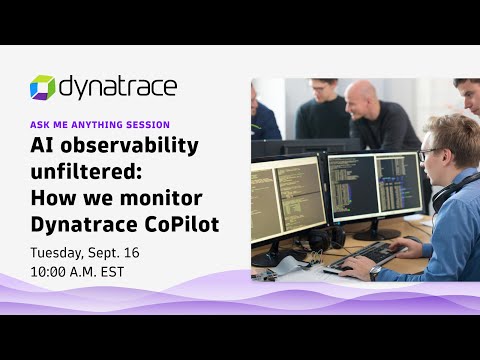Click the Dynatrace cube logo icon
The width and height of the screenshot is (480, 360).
coord(43,88)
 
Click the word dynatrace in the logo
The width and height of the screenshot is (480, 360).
coord(117,87)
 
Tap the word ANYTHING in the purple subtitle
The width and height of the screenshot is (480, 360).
coord(108,124)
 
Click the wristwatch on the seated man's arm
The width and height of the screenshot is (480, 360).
coord(375,270)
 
